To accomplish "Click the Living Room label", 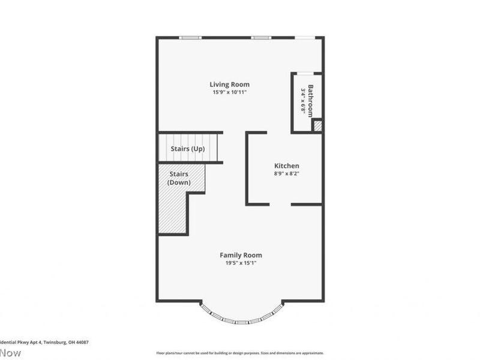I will (229, 85).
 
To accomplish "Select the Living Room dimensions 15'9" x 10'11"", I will (229, 92).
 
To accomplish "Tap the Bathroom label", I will (311, 101).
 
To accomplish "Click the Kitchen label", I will (286, 166).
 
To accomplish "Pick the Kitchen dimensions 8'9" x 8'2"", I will (286, 173).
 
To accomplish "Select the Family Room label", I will (241, 255).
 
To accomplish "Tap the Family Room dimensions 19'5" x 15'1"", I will (241, 263).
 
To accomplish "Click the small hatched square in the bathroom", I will (317, 126).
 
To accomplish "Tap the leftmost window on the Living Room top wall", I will (191, 38).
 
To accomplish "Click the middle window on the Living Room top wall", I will (260, 38).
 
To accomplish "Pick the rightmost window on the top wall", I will (304, 38).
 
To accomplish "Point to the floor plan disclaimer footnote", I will (240, 353).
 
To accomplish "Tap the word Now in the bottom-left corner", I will (10, 353).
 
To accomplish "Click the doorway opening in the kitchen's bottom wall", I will (280, 205).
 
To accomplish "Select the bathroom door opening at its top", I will (306, 74).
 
